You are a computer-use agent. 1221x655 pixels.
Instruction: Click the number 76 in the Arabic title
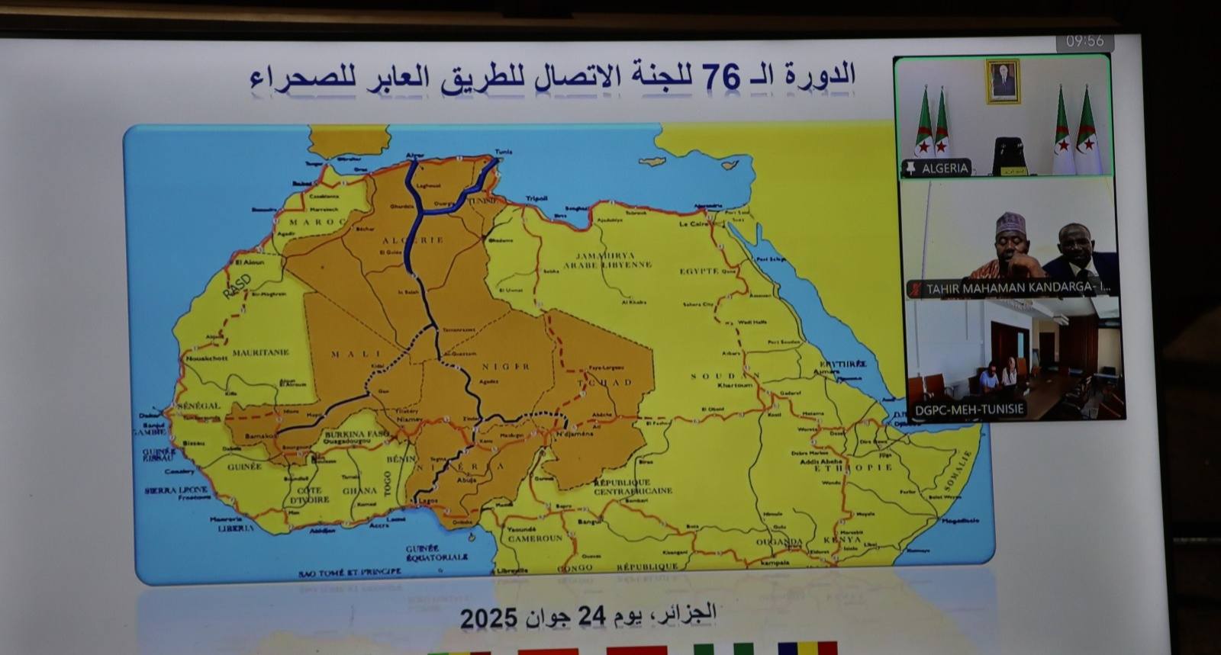721,76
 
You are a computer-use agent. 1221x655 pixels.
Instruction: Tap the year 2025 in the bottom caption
488,618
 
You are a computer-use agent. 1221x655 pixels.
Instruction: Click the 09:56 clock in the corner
1084,41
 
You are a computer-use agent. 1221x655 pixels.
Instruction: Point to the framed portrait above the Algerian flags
1002,81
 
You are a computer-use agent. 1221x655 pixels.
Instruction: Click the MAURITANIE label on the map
260,353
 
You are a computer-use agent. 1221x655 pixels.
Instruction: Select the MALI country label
356,354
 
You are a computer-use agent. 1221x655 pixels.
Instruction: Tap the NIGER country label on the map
505,367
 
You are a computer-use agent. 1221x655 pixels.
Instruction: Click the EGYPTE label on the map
699,271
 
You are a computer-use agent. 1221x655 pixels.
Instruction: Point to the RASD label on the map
237,286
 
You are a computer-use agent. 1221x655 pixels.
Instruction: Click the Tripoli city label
536,198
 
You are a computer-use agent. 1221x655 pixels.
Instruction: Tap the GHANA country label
359,491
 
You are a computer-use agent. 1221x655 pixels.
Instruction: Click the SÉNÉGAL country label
198,406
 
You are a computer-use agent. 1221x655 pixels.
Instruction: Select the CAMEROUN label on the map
535,538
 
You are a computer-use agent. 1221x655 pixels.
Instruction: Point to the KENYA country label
842,539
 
